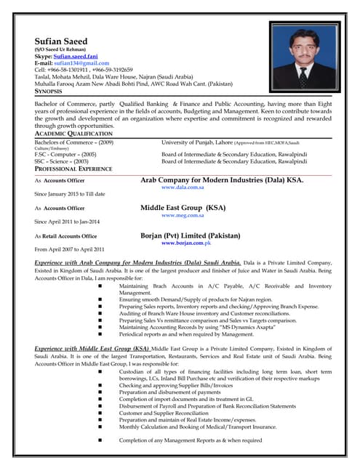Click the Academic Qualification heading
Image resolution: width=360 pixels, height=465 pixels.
pyautogui.click(x=73, y=134)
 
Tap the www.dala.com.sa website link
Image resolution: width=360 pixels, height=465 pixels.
pyautogui.click(x=184, y=187)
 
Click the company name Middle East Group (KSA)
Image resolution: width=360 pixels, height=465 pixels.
pyautogui.click(x=183, y=207)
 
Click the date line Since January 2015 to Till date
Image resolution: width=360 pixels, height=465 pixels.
pyautogui.click(x=70, y=194)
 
